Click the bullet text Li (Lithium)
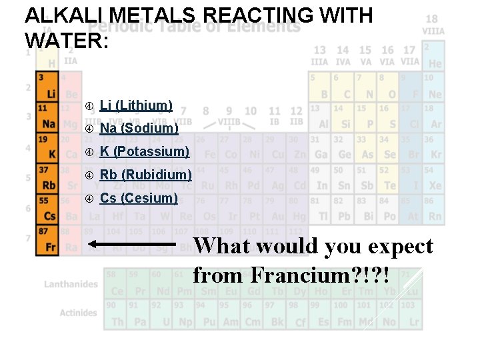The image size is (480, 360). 136,105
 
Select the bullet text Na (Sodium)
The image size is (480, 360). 139,128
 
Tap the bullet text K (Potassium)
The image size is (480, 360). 144,151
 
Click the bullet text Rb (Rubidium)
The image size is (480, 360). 145,175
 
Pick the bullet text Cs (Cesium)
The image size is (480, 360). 139,198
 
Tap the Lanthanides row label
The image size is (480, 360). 71,285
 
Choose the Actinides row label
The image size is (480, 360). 78,313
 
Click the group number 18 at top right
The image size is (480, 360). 433,20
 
